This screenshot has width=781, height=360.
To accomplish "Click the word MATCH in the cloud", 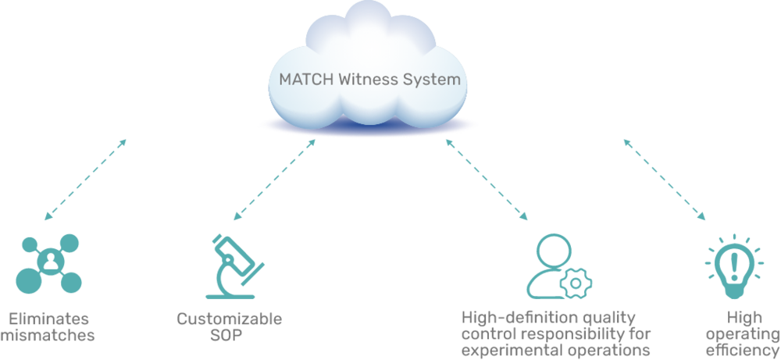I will tap(304, 79).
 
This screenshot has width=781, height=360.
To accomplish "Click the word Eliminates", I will tap(48, 319).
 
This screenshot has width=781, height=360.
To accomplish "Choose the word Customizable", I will tap(229, 319).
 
